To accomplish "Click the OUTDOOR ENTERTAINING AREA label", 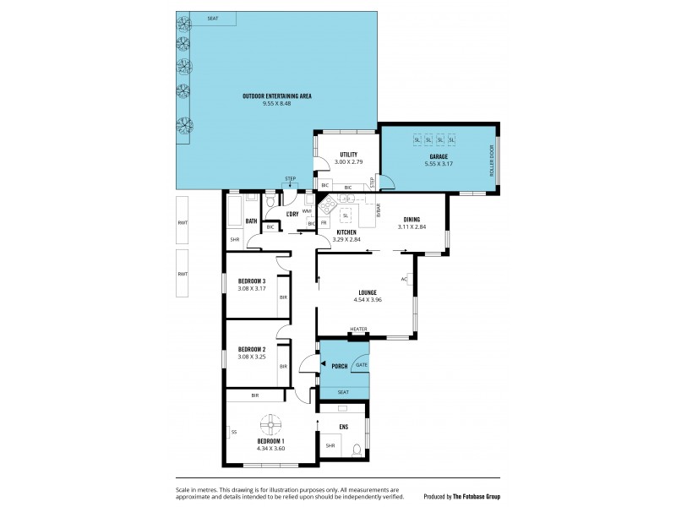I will [x=276, y=96].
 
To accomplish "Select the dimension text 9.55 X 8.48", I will [x=276, y=104].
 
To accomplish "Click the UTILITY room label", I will [x=347, y=154].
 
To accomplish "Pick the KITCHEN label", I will [x=347, y=232].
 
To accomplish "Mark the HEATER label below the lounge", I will [x=359, y=330].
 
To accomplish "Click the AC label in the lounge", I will [x=404, y=279].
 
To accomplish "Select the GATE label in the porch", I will [x=361, y=364].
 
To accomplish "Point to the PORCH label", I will [x=339, y=366].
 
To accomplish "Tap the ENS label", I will [x=343, y=428].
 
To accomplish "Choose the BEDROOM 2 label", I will [x=252, y=349].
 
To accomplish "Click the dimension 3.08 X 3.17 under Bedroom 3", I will [x=252, y=289].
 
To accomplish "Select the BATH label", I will [x=251, y=221].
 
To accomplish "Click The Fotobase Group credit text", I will [x=476, y=496].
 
